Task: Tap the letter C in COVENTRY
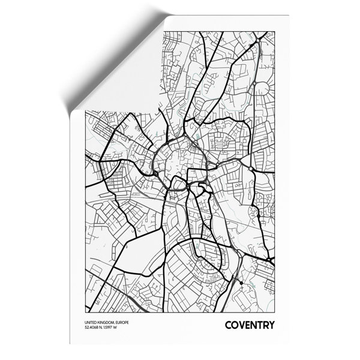(x=229, y=326)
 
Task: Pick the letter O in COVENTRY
(x=235, y=326)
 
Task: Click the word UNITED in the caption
(x=92, y=323)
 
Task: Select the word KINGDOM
(x=107, y=323)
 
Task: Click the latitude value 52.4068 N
(x=96, y=328)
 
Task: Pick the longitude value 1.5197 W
(x=116, y=328)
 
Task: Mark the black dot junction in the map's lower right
(x=239, y=283)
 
